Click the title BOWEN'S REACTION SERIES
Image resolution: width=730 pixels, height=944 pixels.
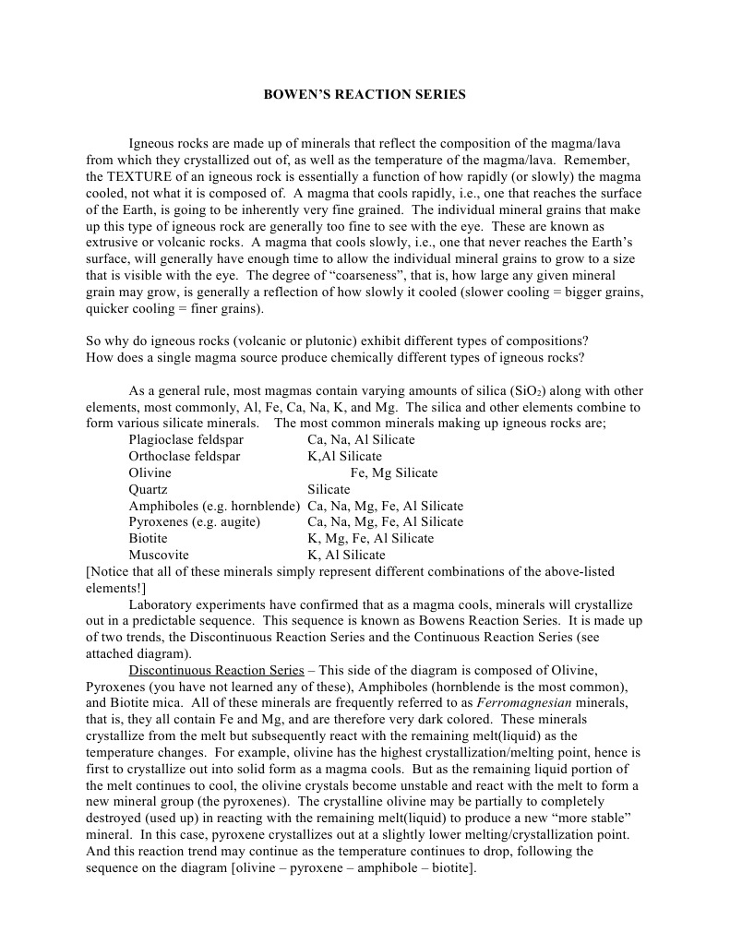click(365, 94)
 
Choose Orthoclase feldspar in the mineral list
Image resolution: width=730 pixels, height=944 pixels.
click(185, 457)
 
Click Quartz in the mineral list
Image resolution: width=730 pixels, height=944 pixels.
click(149, 490)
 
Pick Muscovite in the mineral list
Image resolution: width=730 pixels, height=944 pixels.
click(159, 556)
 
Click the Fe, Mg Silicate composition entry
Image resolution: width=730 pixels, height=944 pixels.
click(394, 473)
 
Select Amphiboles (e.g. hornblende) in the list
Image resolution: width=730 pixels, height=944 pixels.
click(214, 507)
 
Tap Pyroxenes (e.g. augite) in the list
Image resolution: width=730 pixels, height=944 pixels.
click(194, 522)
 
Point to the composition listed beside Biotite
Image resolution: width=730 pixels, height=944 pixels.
click(370, 539)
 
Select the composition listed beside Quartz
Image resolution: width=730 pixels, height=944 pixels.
click(329, 490)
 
